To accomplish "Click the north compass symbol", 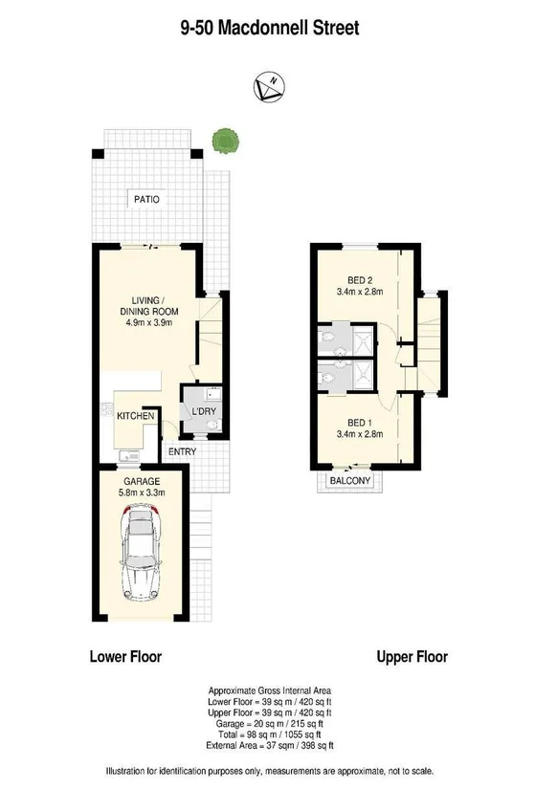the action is pos(269,86).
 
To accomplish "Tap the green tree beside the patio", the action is pos(225,141).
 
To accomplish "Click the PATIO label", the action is pos(146,199).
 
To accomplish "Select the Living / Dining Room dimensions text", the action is pos(149,322).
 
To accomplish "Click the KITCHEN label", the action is pos(135,416).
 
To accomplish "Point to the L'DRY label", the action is pos(204,411).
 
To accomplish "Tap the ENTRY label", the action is pos(182,451).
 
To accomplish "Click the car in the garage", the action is pos(142,553).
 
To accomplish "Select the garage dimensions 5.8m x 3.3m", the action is pos(142,492).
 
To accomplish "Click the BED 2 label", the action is pos(360,280).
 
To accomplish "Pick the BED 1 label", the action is pos(360,423).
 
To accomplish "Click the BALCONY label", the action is pos(350,480).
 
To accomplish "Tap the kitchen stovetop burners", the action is pos(106,409).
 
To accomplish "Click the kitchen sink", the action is pos(129,456).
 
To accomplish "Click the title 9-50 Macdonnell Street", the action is pos(270,28).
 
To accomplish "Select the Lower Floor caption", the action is pos(125,656).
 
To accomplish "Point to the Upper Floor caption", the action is pos(412,656).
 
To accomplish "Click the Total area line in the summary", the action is pos(270,734).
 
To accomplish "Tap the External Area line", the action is pos(270,746).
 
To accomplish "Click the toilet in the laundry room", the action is pos(213,426).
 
